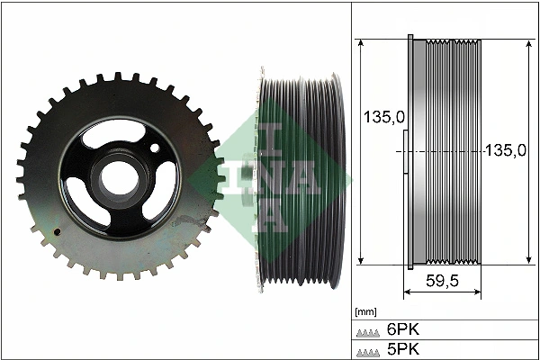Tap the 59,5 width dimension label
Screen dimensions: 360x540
point(442,281)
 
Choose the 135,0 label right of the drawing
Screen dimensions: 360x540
point(504,151)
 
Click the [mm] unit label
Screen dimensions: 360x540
point(365,312)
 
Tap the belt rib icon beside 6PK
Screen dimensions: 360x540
point(370,330)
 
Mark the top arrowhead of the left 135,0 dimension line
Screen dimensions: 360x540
point(361,43)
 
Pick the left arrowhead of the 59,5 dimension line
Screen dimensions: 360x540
point(406,292)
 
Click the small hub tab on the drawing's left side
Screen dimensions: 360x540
point(405,153)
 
